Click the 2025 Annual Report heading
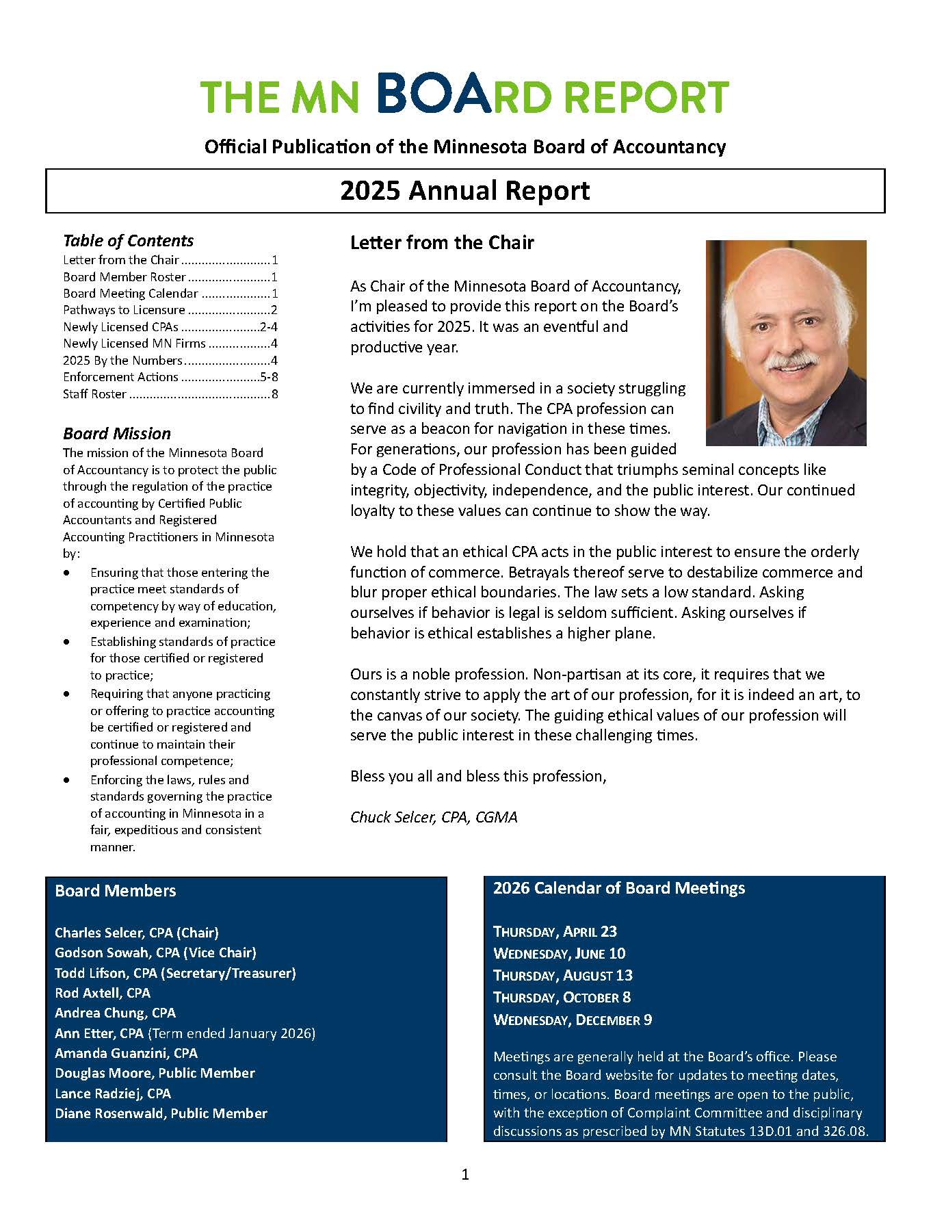pyautogui.click(x=465, y=190)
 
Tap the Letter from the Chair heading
pyautogui.click(x=442, y=243)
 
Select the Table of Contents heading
pyautogui.click(x=128, y=241)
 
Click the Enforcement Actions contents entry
pyautogui.click(x=120, y=377)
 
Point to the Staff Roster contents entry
pyautogui.click(x=94, y=394)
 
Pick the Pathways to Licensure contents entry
pyautogui.click(x=124, y=310)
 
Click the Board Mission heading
pyautogui.click(x=117, y=434)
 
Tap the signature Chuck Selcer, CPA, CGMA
pyautogui.click(x=434, y=817)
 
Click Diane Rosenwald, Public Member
pyautogui.click(x=161, y=1113)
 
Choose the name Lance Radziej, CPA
pyautogui.click(x=113, y=1093)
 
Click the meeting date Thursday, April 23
pyautogui.click(x=555, y=931)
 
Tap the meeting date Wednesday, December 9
pyautogui.click(x=572, y=1020)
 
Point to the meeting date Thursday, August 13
pyautogui.click(x=562, y=975)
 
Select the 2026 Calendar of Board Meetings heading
pyautogui.click(x=618, y=888)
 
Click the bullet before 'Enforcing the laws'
pyautogui.click(x=66, y=780)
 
